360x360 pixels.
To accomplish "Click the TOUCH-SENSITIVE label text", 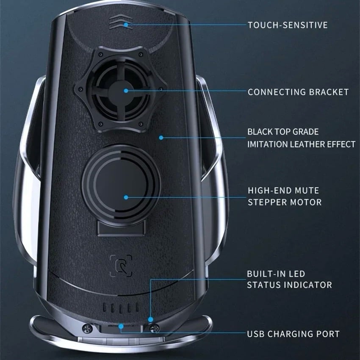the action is (x=288, y=25).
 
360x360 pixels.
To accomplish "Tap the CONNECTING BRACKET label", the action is (x=298, y=92).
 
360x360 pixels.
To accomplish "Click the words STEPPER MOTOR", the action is (x=285, y=202).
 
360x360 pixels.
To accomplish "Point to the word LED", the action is (x=297, y=274).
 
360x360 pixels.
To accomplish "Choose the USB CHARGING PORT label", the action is (x=293, y=334).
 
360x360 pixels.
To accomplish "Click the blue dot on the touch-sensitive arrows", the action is (x=126, y=25).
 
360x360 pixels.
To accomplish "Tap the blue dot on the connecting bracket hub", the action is (x=126, y=91).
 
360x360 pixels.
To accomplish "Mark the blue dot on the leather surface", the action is (x=161, y=138).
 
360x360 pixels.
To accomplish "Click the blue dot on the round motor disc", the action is (x=126, y=197).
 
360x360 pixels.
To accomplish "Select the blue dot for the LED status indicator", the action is (x=151, y=319).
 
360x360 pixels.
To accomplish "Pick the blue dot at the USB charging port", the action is (x=121, y=326).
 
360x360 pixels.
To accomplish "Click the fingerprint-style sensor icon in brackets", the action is (x=121, y=266).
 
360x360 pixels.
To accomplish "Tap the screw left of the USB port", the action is (x=87, y=329).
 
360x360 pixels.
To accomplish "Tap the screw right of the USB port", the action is (x=154, y=328).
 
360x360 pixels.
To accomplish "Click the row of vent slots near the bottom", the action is (x=121, y=307).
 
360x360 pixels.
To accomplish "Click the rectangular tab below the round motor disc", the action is (x=122, y=228).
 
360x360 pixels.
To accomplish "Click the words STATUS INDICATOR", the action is (x=290, y=285).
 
